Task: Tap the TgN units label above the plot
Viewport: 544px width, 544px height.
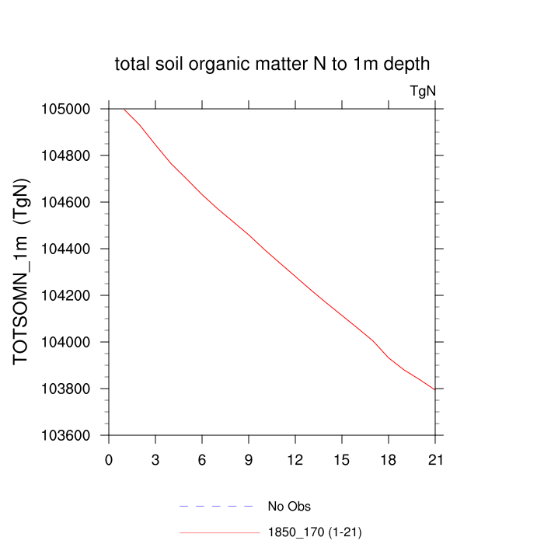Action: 423,91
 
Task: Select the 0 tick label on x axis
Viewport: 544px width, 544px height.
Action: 109,459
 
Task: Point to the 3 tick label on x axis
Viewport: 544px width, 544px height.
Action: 155,459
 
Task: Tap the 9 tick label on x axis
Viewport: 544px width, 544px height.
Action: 249,459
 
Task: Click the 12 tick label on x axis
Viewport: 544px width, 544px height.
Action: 295,459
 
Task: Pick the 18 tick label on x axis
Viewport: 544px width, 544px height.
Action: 389,459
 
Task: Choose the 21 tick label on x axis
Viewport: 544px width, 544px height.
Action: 435,459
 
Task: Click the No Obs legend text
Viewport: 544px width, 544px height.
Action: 289,507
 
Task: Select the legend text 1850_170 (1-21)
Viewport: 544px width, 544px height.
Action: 314,532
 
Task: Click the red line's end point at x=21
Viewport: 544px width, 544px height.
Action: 435,389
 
